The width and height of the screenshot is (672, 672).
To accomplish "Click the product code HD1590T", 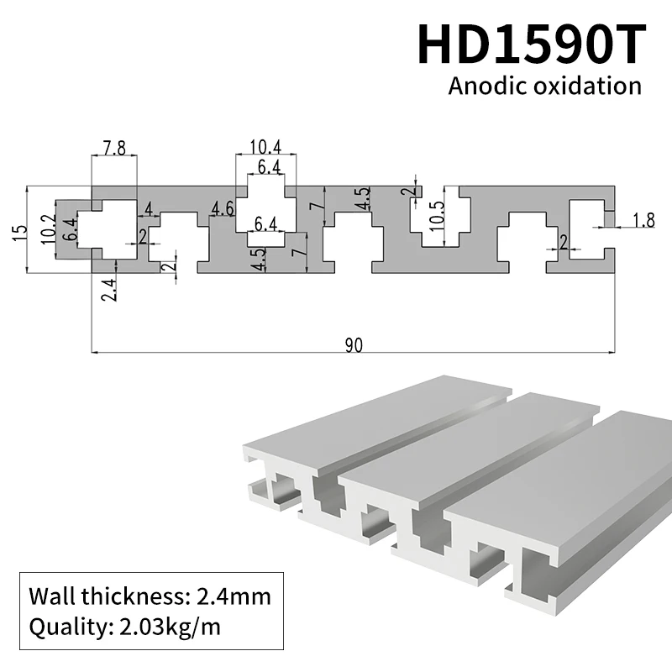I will coord(532,44).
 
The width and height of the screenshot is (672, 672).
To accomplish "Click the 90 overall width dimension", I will coord(353,346).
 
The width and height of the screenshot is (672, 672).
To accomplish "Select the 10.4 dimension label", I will coord(265,148).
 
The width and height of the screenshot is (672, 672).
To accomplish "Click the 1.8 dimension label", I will coord(643,221).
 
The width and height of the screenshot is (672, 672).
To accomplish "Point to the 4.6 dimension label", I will coord(223,208).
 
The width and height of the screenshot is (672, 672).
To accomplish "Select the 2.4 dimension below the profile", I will coord(107,289).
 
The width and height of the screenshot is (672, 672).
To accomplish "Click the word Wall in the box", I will coord(50,597).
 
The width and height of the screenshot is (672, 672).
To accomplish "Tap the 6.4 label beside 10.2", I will coord(71,227).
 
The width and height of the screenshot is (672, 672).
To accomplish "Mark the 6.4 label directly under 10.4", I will coord(269,166).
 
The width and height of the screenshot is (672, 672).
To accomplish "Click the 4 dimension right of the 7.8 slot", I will coord(149,207).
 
